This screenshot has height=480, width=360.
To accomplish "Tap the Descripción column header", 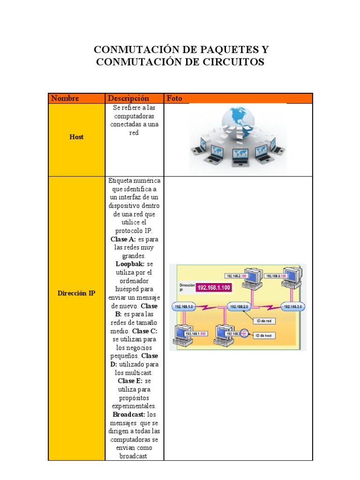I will [x=128, y=98].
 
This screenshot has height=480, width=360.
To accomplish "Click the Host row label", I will [x=76, y=137].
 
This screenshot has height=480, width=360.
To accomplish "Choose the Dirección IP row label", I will [x=76, y=293].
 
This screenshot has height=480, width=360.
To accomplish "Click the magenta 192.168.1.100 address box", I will [x=214, y=287].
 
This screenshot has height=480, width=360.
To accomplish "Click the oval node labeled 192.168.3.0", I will [x=293, y=307].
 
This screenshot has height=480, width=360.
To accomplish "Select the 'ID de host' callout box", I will [x=264, y=336].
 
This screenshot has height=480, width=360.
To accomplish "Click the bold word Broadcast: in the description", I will [x=129, y=415].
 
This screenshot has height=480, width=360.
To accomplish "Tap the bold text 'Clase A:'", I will [x=123, y=239].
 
